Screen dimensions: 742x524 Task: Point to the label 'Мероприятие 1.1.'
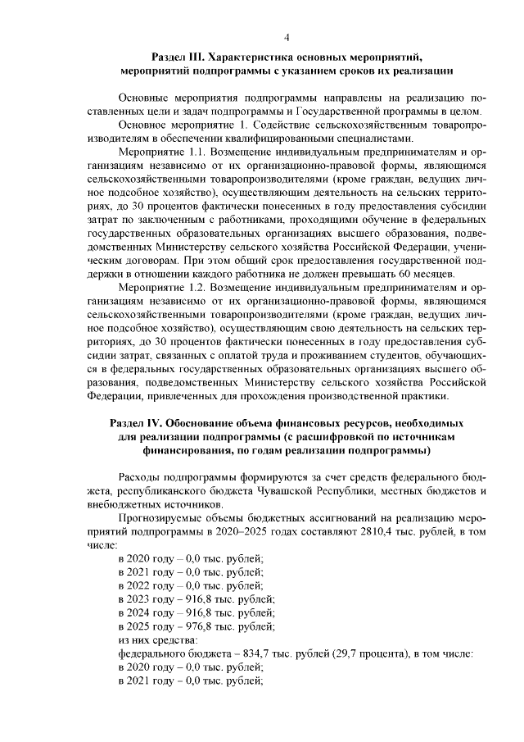click(160, 152)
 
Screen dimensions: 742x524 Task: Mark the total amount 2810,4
click(393, 531)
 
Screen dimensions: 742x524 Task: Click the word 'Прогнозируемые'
click(164, 517)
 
